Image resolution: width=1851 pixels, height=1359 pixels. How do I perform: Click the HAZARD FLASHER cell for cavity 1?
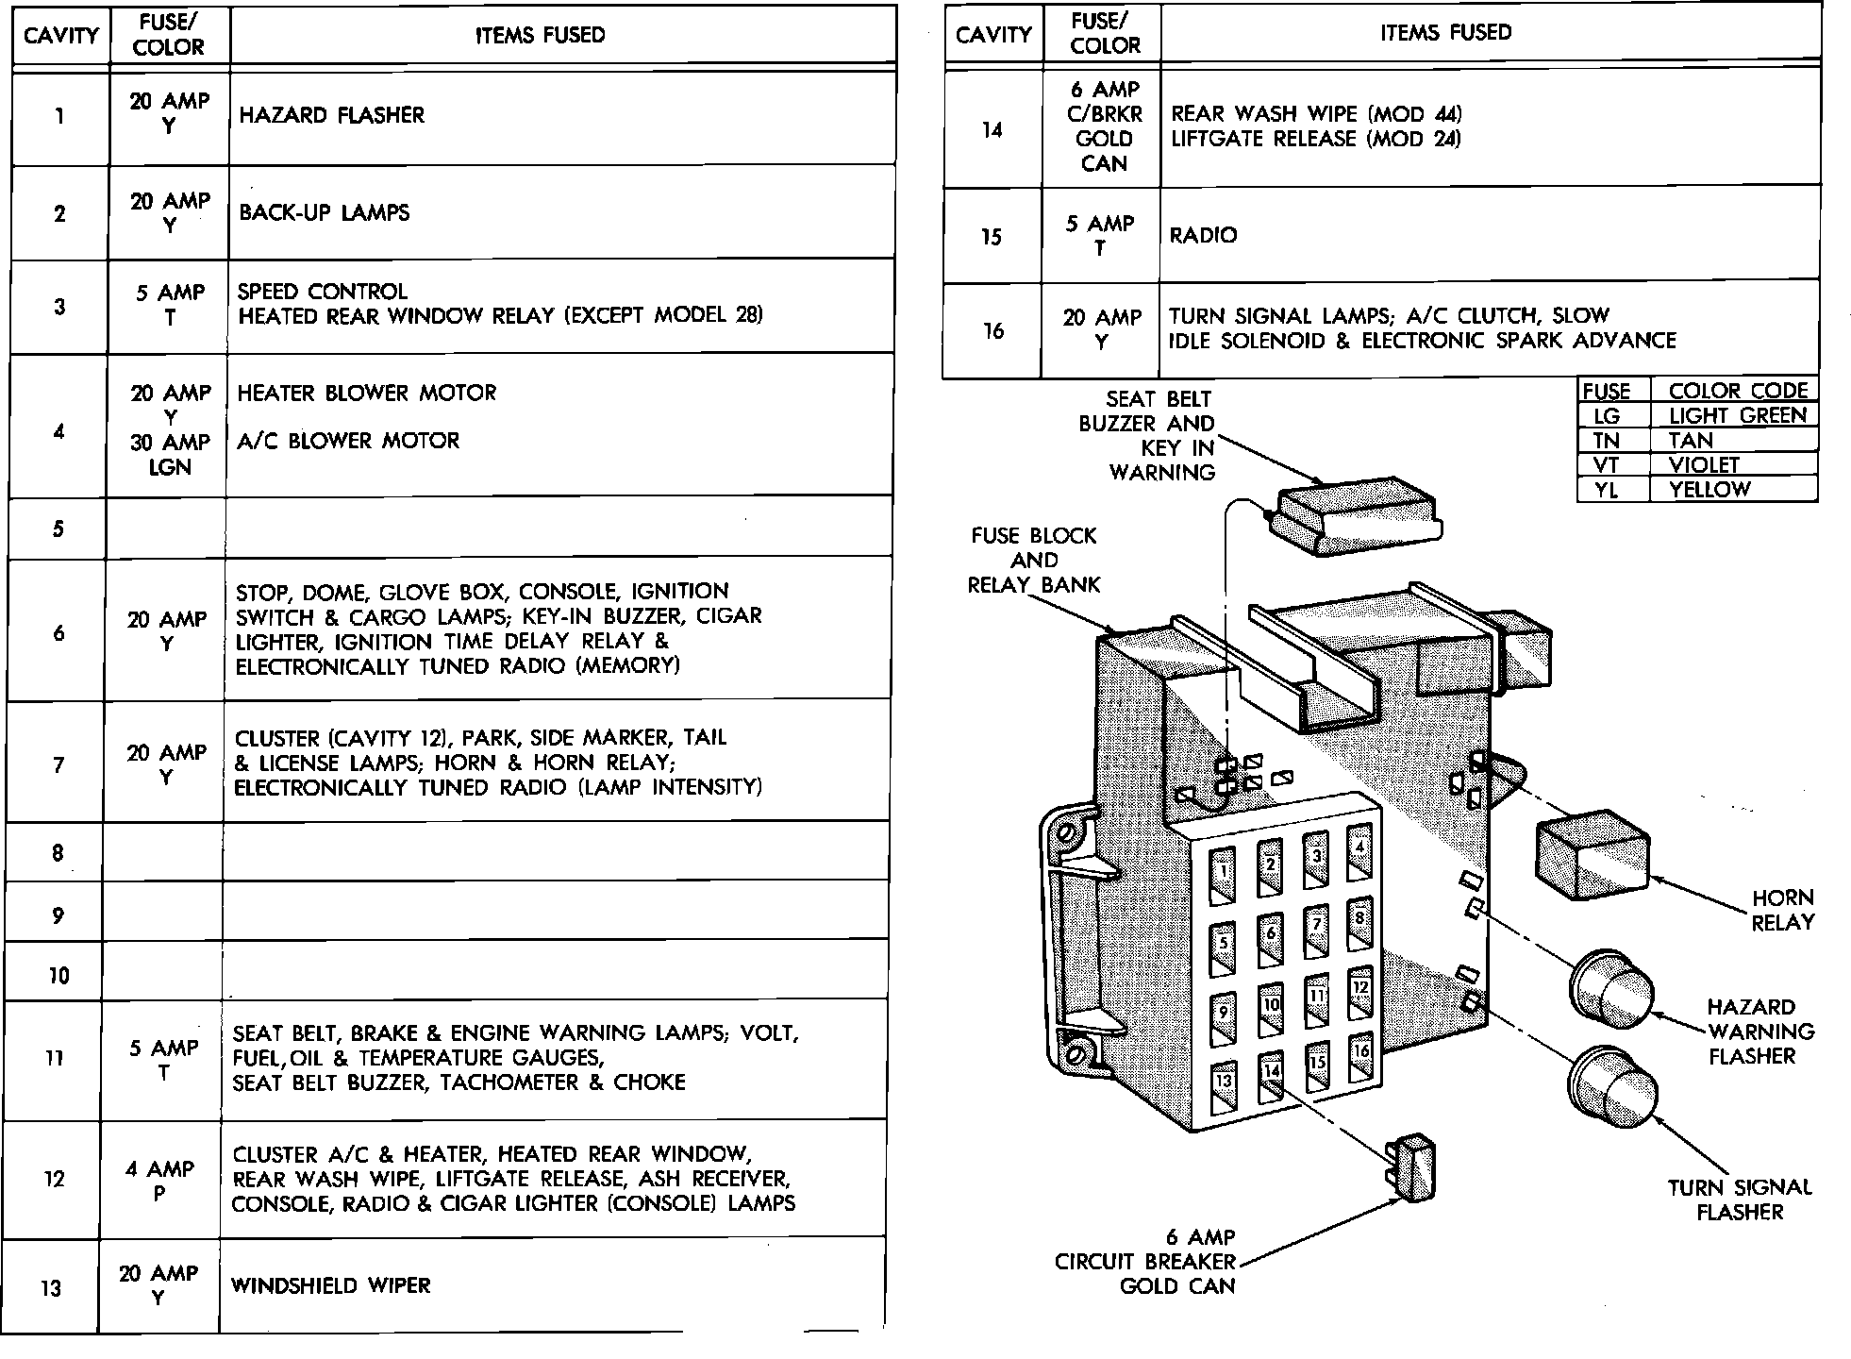tap(332, 115)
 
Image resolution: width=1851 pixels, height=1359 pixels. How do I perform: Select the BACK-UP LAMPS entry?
tap(325, 212)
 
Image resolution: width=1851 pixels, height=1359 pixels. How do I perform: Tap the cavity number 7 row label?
tap(58, 764)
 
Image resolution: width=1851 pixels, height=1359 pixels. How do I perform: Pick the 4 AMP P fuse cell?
tap(159, 1181)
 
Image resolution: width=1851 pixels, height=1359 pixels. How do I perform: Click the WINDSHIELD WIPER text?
tap(331, 1285)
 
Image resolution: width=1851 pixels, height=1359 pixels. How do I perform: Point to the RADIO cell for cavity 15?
tap(1203, 235)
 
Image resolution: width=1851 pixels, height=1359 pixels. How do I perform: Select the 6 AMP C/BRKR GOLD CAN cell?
tap(1104, 126)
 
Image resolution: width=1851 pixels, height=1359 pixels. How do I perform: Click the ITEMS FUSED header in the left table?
tap(541, 36)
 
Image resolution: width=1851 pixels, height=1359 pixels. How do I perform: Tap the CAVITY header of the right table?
tap(993, 35)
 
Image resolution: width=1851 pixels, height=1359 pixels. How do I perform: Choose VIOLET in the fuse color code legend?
tap(1703, 465)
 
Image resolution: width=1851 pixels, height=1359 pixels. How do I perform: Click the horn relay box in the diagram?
tap(1593, 853)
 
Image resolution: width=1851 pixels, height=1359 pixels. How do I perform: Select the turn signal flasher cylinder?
tap(1612, 1085)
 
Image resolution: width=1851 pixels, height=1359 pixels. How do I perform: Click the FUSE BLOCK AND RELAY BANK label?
tap(1034, 560)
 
